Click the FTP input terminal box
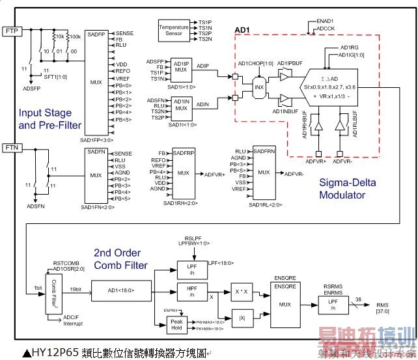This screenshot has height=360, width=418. click(x=12, y=31)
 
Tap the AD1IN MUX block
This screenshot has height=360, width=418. click(x=181, y=104)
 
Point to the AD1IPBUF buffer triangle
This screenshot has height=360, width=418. click(x=284, y=76)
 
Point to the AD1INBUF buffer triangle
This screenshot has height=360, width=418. click(x=284, y=99)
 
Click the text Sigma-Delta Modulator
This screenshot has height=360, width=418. click(x=351, y=189)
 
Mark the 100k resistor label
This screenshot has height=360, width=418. click(x=75, y=36)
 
